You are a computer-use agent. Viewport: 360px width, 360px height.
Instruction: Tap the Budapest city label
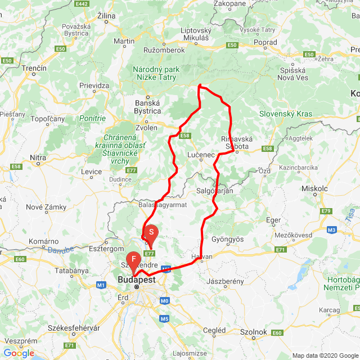(137, 279)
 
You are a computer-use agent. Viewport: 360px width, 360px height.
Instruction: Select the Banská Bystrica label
(149, 107)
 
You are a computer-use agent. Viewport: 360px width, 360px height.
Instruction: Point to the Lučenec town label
(201, 153)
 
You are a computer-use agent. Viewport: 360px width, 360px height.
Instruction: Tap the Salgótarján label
(214, 191)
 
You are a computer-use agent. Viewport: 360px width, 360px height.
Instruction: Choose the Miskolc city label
(315, 189)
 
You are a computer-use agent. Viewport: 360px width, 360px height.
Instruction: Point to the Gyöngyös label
(228, 238)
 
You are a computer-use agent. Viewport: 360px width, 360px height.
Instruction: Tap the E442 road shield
(82, 4)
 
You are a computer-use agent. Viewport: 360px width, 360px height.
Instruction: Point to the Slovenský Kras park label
(286, 114)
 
